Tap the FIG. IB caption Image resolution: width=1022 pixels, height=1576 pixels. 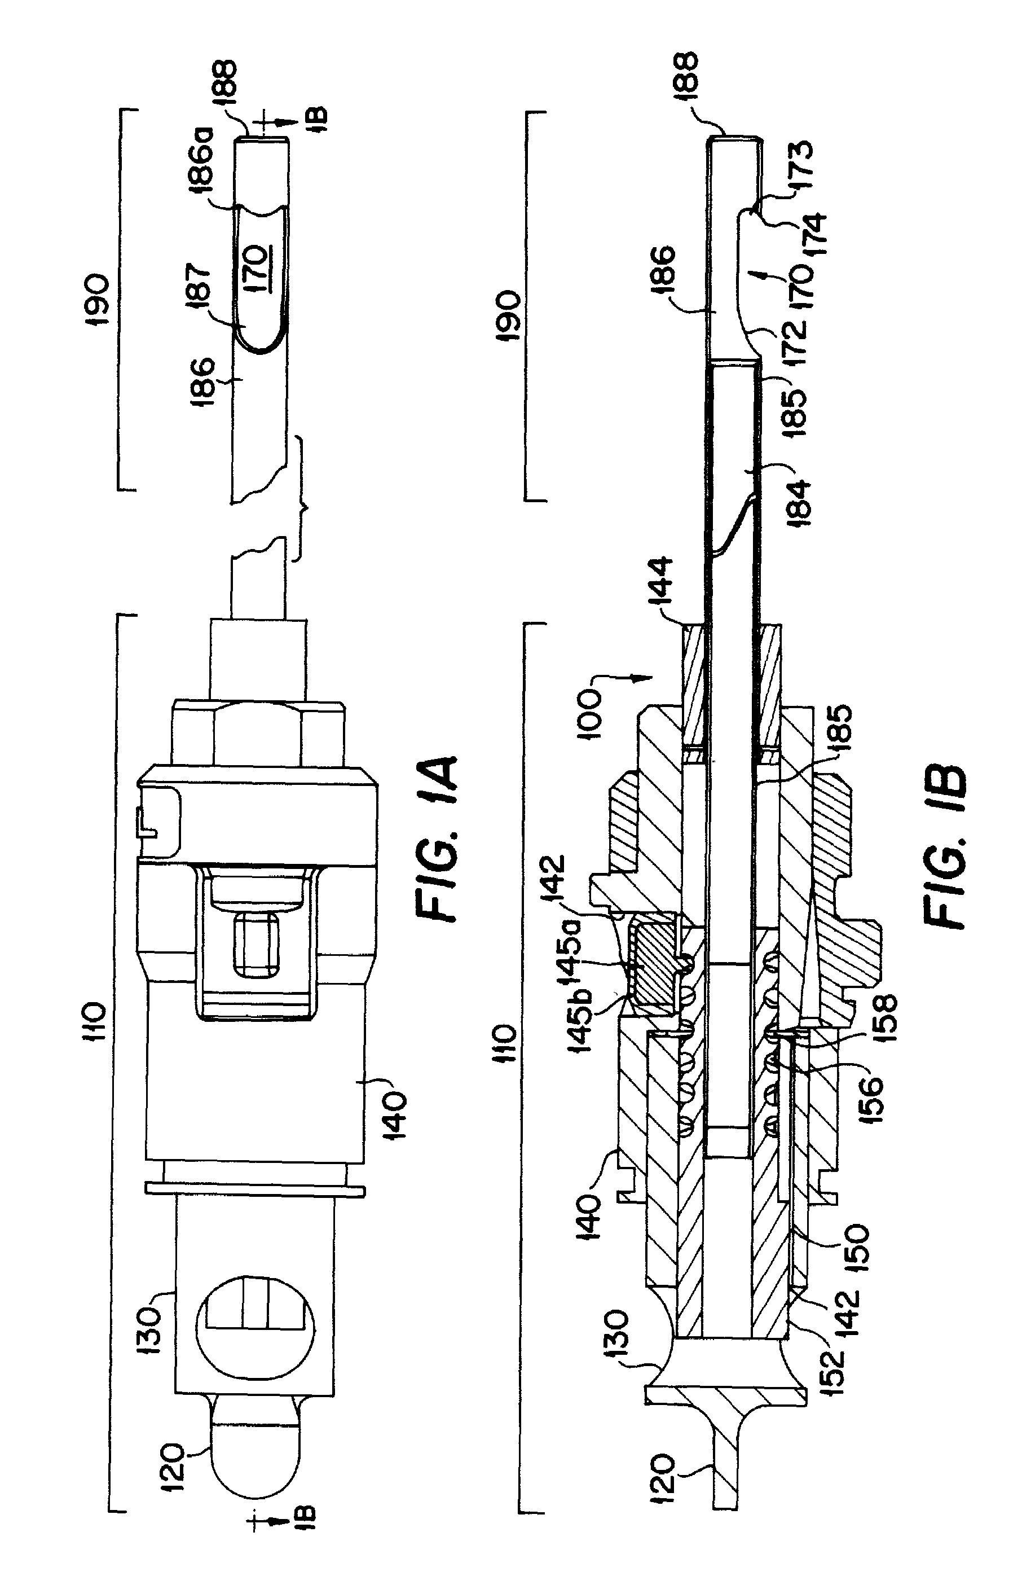pyautogui.click(x=945, y=848)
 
